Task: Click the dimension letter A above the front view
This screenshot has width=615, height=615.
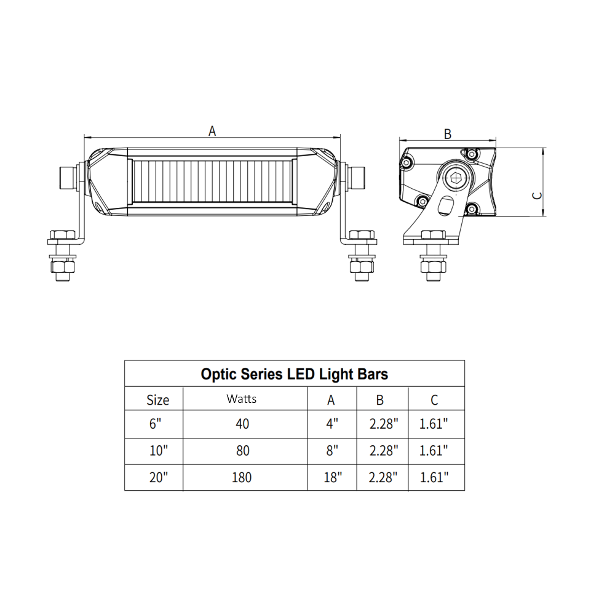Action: (x=212, y=130)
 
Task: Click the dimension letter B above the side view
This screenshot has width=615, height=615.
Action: (x=448, y=133)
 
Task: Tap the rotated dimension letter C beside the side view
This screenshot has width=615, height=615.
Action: (x=537, y=195)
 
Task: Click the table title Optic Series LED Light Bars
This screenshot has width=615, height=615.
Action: (x=295, y=374)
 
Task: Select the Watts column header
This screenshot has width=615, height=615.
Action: (x=242, y=399)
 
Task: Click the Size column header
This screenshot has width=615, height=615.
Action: (x=157, y=400)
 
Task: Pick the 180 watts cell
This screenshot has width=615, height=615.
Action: (x=242, y=477)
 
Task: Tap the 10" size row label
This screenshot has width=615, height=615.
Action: (x=158, y=451)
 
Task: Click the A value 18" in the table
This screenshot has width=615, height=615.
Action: (x=332, y=477)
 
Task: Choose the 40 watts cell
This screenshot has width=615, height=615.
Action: (x=242, y=424)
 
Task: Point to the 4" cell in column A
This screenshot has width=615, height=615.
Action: (x=331, y=424)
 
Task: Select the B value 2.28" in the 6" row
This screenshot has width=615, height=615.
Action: (x=384, y=424)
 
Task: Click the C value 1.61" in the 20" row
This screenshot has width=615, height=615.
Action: (x=434, y=477)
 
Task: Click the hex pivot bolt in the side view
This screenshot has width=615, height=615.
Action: (x=456, y=178)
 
